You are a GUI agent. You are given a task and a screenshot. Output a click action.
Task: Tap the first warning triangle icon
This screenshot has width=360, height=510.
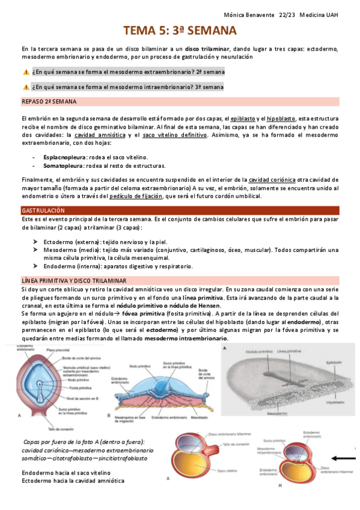(x=25, y=72)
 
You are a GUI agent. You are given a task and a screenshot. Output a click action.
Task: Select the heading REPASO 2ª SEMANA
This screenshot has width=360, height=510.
(x=48, y=102)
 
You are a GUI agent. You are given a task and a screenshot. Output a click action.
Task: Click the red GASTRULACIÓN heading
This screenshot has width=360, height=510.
(x=43, y=211)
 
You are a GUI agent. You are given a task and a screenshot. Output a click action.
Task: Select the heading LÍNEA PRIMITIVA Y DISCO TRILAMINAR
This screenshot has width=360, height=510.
(x=73, y=281)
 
